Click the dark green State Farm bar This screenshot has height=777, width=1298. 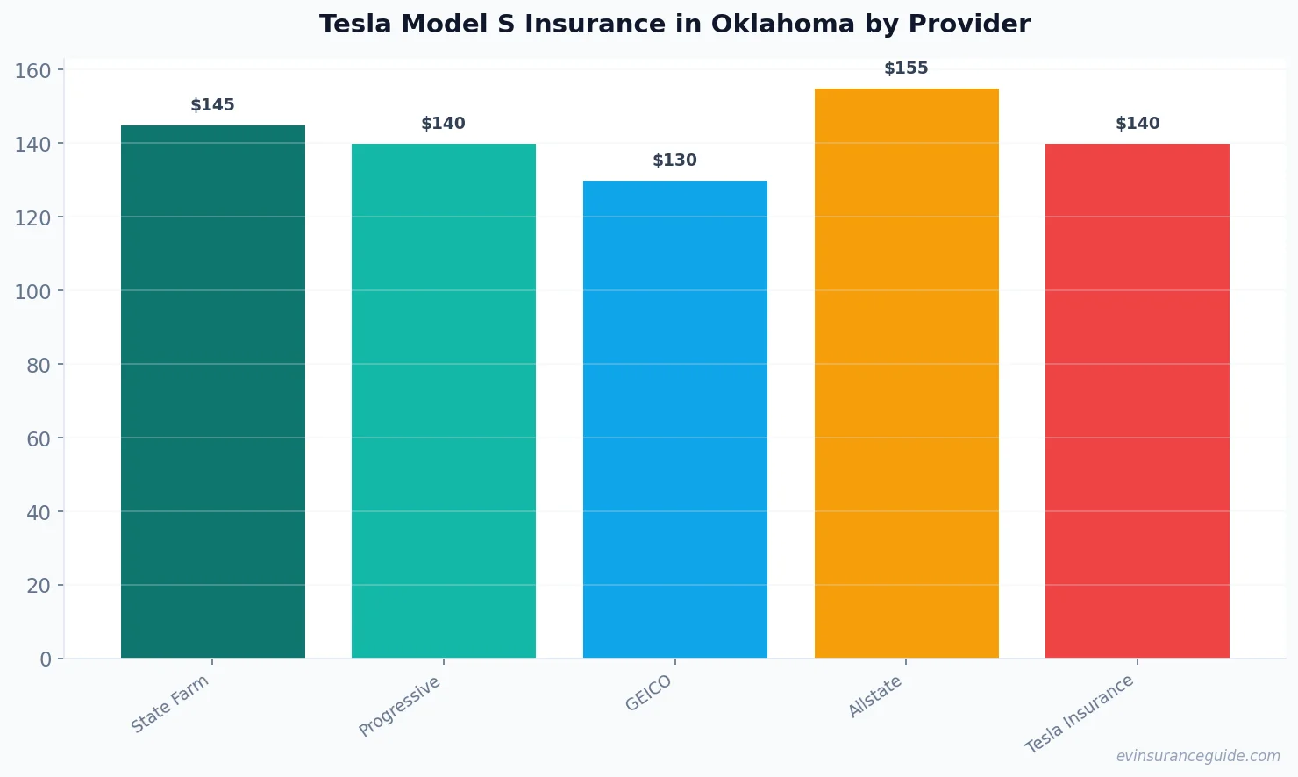212,391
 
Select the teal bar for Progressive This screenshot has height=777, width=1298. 443,401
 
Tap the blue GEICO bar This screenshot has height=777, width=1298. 674,419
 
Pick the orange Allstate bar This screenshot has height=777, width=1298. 906,373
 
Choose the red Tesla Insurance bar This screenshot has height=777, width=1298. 1137,401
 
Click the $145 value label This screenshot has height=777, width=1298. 212,105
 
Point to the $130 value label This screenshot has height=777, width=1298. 674,160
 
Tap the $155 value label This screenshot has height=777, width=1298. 906,68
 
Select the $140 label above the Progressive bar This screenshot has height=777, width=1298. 443,124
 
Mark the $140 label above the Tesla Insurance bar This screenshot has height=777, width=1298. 1137,124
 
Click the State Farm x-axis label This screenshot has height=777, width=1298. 170,703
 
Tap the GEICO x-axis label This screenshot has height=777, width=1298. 649,693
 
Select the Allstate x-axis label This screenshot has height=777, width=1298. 875,697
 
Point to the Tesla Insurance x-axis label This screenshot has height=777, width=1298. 1080,714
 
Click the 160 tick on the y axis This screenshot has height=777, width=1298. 32,70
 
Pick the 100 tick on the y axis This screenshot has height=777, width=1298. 32,291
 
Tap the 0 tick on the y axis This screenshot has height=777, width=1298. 46,659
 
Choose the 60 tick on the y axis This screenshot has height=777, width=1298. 39,438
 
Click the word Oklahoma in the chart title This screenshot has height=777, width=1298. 782,25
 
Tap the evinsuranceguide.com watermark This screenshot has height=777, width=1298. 1198,756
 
